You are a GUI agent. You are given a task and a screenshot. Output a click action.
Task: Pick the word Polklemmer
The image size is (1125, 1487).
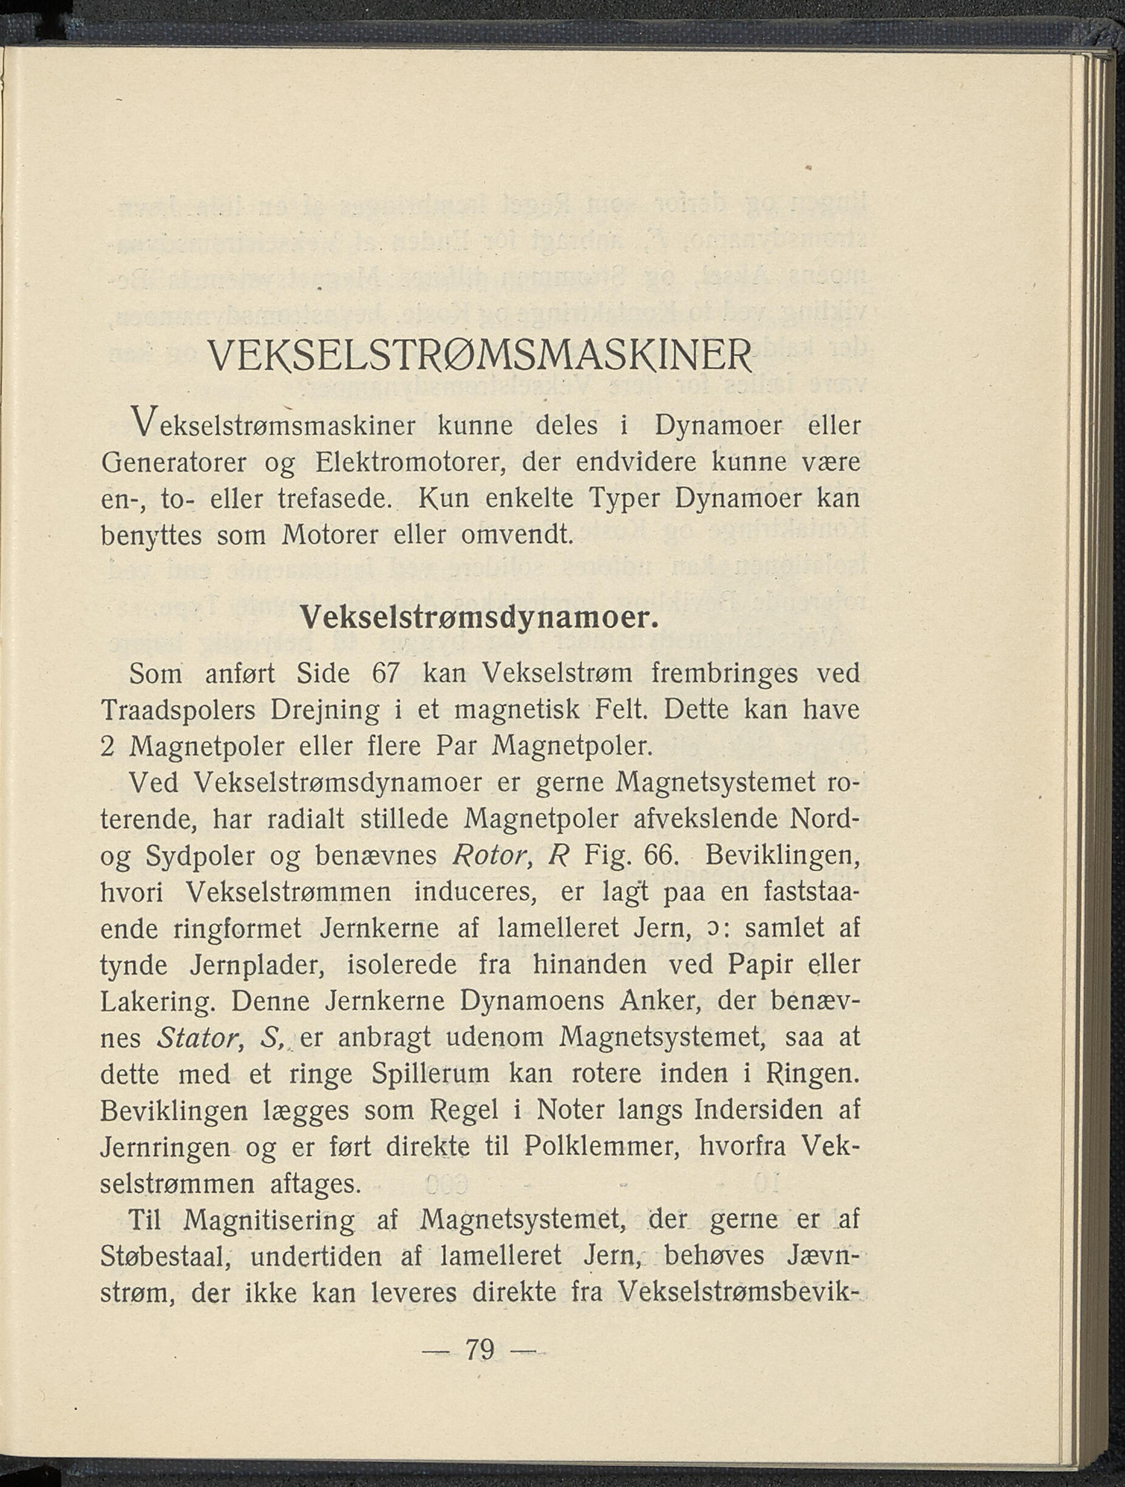pos(599,1147)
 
